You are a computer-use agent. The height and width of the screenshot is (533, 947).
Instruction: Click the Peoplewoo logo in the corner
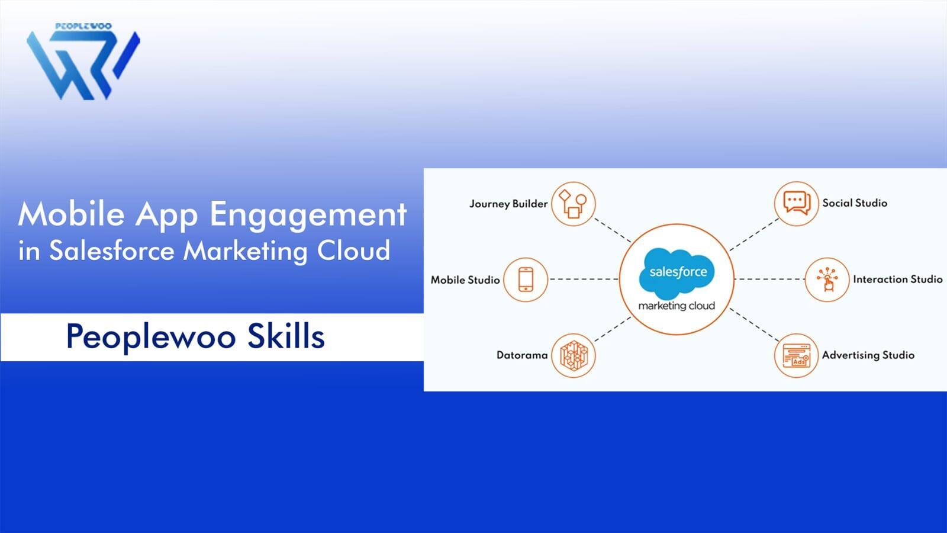(x=83, y=62)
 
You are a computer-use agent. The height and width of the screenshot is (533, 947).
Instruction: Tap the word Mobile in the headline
(x=71, y=214)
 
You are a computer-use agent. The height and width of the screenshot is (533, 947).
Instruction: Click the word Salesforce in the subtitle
(x=112, y=251)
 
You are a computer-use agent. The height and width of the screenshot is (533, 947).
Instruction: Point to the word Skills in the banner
(x=286, y=336)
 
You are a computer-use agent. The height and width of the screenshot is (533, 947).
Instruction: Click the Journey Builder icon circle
(x=573, y=204)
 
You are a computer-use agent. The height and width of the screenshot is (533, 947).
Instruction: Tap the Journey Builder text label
(x=508, y=204)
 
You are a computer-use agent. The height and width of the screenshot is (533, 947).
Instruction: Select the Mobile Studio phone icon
(x=526, y=280)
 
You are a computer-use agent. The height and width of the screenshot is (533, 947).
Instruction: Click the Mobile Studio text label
(x=465, y=280)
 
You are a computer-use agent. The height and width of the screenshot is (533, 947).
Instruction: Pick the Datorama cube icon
(x=573, y=355)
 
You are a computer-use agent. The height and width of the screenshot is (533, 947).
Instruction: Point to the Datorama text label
(x=521, y=355)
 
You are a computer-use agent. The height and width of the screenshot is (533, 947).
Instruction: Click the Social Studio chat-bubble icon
(x=796, y=203)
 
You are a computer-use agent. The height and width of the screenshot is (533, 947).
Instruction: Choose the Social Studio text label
(x=855, y=203)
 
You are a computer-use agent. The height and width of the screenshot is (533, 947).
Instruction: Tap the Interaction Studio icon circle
(x=827, y=280)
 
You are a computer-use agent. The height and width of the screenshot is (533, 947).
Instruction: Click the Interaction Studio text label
(x=897, y=279)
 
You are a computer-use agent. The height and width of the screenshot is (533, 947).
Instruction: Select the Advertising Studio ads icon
(x=796, y=355)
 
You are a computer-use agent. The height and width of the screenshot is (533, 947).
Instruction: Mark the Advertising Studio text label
(x=868, y=355)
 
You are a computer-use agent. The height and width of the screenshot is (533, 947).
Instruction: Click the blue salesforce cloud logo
(x=678, y=272)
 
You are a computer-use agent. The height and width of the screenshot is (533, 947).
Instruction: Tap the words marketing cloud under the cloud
(x=677, y=306)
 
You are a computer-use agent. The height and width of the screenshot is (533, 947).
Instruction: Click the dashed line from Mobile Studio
(x=584, y=279)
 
